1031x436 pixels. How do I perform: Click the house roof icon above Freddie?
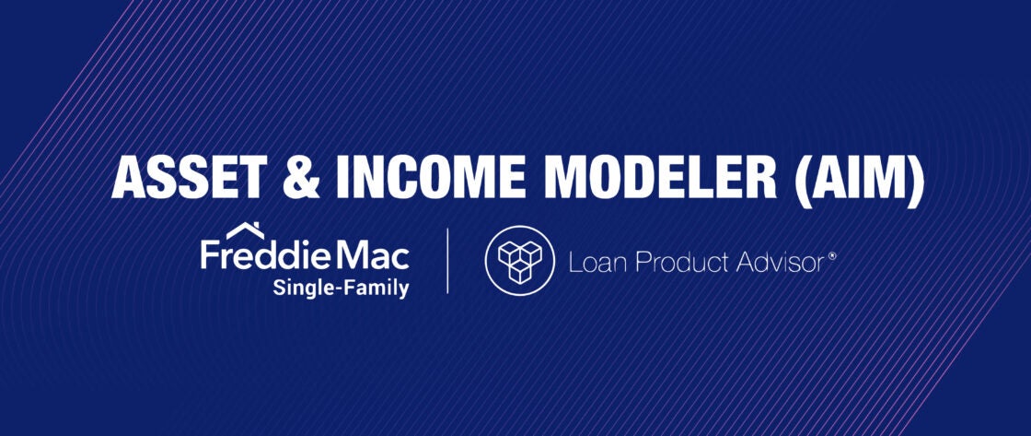coord(245,230)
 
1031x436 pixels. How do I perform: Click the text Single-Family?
coord(341,288)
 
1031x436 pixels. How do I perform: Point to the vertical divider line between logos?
coord(447,261)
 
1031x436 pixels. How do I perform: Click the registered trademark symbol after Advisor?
coord(832,255)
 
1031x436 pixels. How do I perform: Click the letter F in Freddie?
coord(210,256)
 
